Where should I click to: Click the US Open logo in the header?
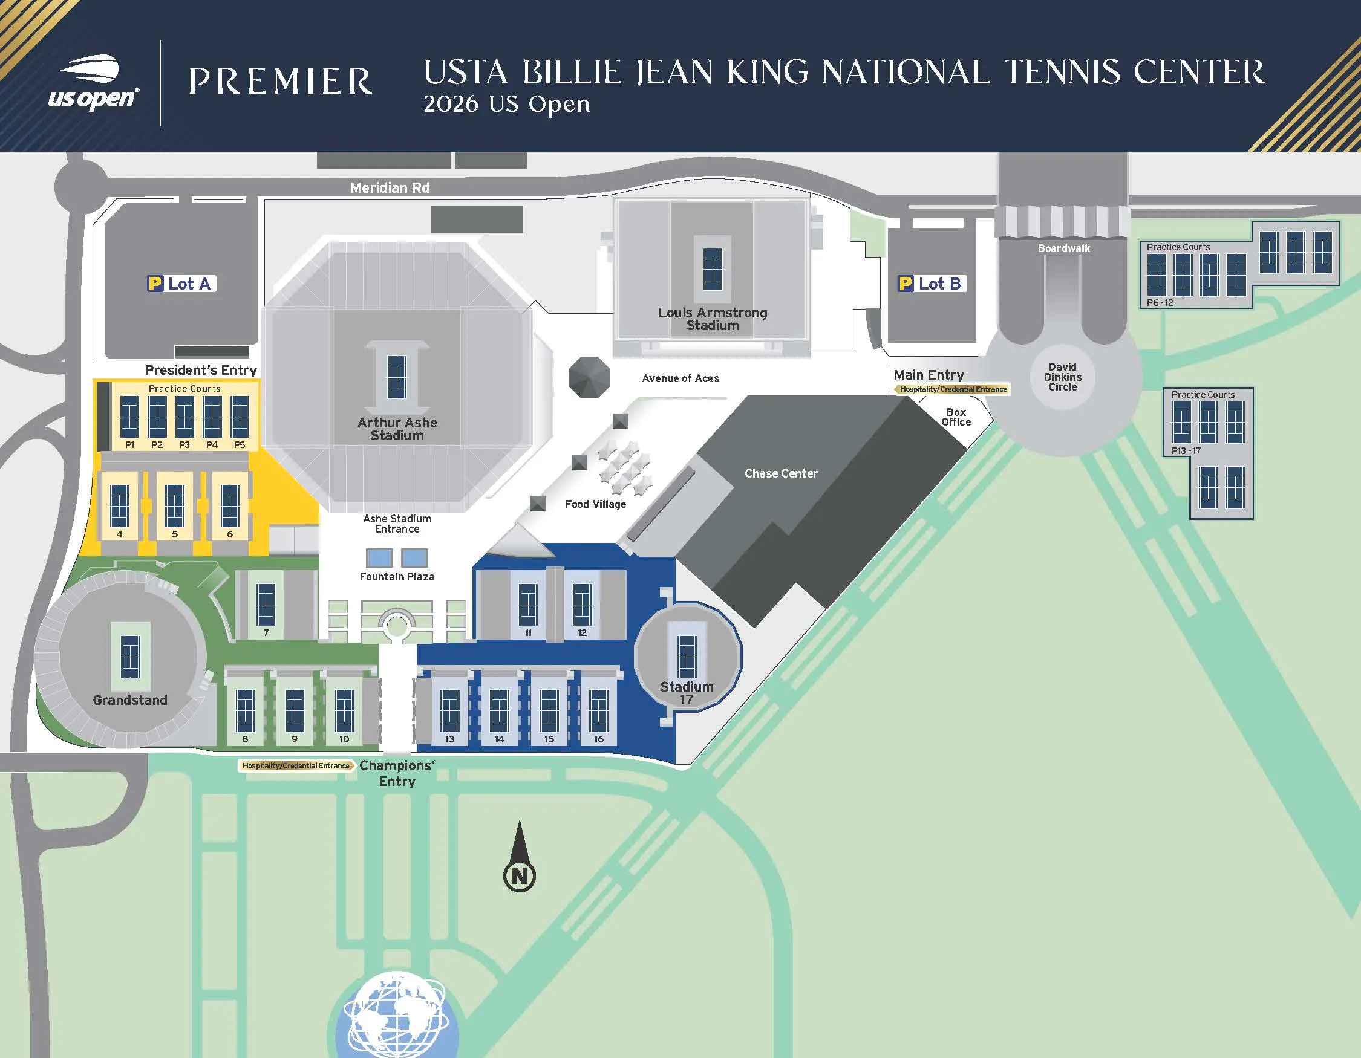pos(94,83)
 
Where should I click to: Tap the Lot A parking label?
pos(181,284)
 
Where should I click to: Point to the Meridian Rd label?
pos(390,187)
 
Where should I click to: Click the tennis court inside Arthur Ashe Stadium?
pos(397,376)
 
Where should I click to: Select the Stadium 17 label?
pos(687,693)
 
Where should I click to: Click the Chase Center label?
pos(781,473)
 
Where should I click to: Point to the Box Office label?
pos(956,417)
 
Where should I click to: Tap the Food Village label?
pos(596,504)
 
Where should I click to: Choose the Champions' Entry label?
pos(397,773)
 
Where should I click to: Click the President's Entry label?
pos(201,370)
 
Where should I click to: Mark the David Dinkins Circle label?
pos(1063,377)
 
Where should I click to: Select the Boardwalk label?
pos(1064,248)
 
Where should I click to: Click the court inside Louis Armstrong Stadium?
pos(713,269)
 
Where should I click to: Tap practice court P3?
pos(184,417)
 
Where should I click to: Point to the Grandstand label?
pos(129,700)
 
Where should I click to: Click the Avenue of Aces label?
pos(680,378)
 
